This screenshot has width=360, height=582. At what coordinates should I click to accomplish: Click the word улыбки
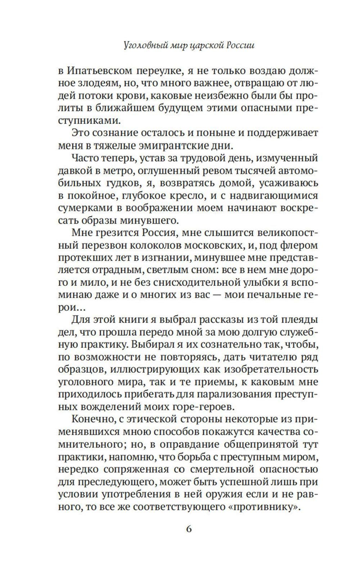coord(258,283)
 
